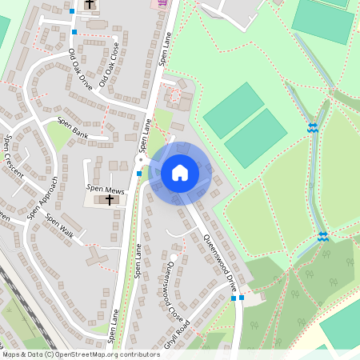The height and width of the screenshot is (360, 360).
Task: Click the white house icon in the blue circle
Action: point(180,173)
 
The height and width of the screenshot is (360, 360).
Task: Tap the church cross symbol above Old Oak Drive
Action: point(89,5)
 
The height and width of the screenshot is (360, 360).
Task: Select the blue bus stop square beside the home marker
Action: point(139,173)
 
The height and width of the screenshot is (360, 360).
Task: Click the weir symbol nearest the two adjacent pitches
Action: point(311,127)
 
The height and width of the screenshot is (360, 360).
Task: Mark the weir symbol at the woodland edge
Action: point(322,236)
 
